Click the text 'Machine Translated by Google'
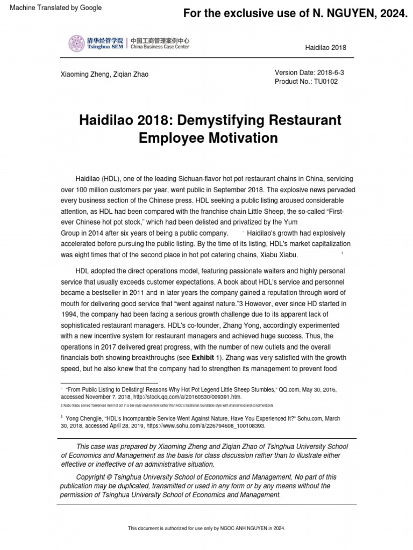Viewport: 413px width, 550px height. pos(52,8)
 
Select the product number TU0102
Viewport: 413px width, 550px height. pos(328,82)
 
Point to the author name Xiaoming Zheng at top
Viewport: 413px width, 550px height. pos(84,74)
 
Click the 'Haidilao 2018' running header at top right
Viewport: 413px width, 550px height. pos(325,47)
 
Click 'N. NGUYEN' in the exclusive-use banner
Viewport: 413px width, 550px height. pos(333,13)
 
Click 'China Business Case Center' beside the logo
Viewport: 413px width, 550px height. pos(159,47)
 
